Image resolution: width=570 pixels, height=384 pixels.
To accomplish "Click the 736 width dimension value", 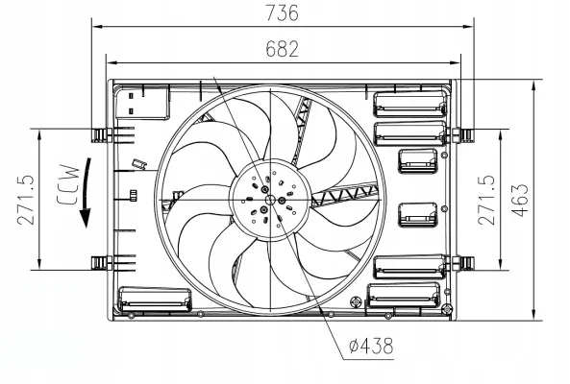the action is pos(282,12).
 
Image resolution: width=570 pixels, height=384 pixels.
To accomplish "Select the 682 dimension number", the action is pos(282,49).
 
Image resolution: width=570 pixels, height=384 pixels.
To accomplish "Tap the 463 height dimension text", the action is pos(520,201).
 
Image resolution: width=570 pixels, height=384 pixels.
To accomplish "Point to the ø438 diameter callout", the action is pos(371,346).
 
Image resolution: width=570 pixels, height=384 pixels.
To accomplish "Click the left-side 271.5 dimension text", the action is pos(26,200).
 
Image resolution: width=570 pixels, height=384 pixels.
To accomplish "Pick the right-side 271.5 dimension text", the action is pos(486,200).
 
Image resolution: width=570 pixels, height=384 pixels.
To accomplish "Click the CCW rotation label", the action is pos(67,184).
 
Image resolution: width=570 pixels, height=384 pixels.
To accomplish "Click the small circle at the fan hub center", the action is pos(270,200).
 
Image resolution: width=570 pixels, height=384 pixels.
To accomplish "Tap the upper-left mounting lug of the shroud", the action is pos(102,134).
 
